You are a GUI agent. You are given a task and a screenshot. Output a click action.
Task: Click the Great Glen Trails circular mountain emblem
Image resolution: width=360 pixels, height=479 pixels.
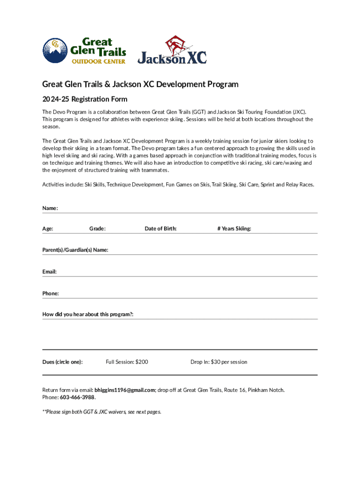55,50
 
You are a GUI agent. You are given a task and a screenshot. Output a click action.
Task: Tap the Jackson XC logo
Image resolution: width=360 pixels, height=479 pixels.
172,50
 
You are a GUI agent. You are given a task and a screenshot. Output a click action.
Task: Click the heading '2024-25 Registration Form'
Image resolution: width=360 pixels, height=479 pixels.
85,99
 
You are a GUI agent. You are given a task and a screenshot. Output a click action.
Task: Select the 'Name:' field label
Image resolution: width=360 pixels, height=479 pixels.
50,207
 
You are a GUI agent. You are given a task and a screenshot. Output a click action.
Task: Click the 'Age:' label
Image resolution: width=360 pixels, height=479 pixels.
48,229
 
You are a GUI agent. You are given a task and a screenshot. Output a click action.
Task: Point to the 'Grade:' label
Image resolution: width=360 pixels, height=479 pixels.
97,229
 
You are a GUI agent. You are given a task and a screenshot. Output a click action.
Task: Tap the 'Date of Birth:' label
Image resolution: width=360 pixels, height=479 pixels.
160,229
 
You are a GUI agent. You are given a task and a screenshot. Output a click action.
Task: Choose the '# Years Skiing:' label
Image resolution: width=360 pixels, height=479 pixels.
234,229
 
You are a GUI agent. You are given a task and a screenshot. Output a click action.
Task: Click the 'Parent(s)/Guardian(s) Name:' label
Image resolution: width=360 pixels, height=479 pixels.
75,250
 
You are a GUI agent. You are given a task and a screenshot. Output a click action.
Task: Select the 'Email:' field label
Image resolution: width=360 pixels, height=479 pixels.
50,272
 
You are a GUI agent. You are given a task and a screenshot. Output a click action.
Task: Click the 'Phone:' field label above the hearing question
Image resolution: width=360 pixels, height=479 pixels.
50,293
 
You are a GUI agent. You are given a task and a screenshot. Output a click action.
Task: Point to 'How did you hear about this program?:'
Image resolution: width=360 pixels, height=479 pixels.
88,315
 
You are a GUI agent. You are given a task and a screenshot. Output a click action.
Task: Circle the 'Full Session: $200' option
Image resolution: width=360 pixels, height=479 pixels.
127,362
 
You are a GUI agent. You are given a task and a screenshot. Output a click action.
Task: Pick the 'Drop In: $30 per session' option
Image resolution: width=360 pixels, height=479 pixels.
219,362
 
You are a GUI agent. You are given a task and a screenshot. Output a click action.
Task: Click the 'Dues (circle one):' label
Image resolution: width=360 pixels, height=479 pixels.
63,362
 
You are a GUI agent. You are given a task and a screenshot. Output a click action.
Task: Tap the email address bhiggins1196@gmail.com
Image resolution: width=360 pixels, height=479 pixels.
124,390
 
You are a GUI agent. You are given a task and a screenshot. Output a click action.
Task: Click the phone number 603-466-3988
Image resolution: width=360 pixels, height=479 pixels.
78,397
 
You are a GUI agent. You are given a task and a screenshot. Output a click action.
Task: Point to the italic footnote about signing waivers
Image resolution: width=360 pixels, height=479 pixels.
101,412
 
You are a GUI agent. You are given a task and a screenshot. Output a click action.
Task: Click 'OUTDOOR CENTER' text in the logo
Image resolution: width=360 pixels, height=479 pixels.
98,61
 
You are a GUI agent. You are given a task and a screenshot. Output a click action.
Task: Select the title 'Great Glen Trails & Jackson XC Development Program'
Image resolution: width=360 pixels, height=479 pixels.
140,85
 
